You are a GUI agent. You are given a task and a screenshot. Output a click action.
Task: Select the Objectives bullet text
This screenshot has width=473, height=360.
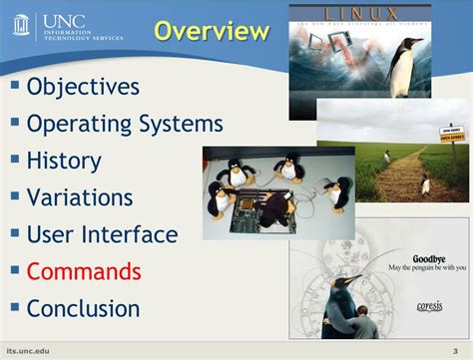[x=84, y=87]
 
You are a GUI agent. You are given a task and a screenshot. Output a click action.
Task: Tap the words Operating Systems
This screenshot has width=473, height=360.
[x=125, y=124]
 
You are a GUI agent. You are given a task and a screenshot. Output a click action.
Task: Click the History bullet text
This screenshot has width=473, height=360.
[x=64, y=161]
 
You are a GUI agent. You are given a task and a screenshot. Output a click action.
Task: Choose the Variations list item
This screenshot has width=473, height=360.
[x=80, y=197]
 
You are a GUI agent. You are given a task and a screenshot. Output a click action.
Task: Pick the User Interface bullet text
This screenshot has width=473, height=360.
[x=102, y=235]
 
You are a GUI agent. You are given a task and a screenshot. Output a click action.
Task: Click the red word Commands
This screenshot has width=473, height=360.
[x=84, y=271]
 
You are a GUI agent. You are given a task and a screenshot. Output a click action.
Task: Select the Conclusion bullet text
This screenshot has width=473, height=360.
[x=84, y=308]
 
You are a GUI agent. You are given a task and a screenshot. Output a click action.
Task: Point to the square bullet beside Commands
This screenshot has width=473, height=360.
[x=15, y=269]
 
